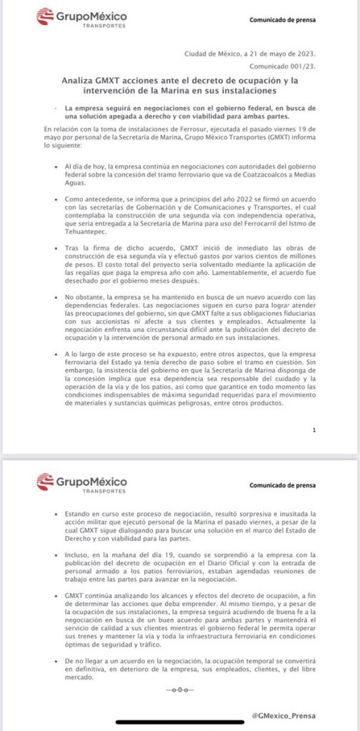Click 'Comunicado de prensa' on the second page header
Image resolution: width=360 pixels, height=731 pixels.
281,485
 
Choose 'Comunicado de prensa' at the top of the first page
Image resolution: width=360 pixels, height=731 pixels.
281,20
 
